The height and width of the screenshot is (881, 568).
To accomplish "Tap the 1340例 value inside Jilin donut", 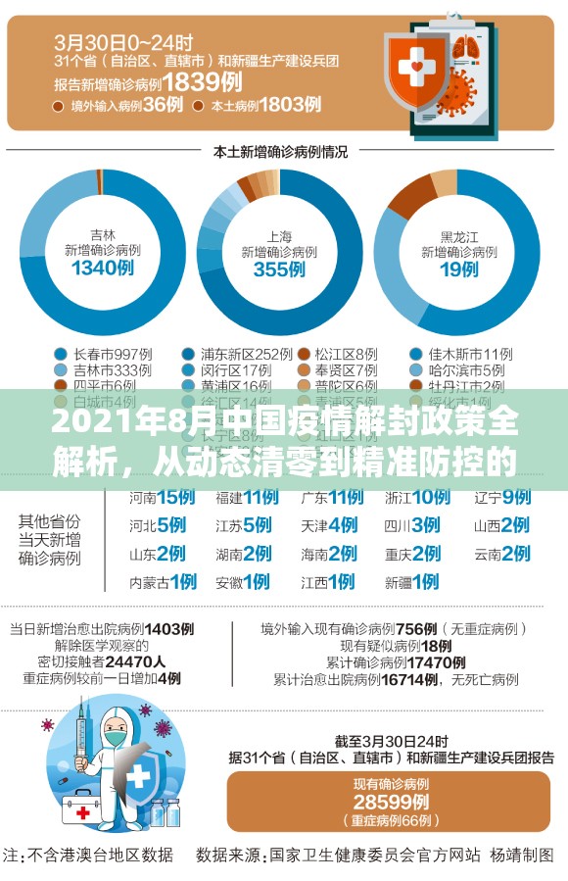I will point(102,269).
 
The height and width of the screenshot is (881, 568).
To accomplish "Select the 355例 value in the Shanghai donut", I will point(279,269).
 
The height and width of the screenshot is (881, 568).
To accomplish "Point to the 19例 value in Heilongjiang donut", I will point(457,269).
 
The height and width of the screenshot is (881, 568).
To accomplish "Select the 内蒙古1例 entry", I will point(163,581).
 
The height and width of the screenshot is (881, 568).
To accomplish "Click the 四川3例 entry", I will point(411,525).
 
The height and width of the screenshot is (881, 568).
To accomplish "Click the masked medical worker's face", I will point(116,731).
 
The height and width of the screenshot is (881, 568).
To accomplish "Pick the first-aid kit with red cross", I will point(87,809).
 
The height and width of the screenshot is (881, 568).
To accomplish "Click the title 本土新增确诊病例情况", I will point(280,152).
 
